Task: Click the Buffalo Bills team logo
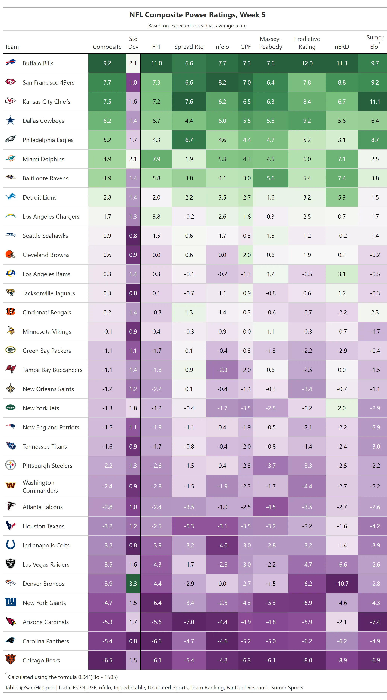(x=11, y=63)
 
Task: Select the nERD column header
(x=341, y=47)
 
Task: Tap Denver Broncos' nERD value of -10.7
(x=341, y=583)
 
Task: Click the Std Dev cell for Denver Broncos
(x=133, y=583)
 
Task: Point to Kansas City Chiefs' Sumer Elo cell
(x=375, y=101)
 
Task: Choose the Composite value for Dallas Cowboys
(x=107, y=121)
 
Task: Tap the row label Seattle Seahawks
(x=45, y=236)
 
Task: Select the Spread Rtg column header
(x=189, y=47)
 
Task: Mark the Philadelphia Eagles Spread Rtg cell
(x=189, y=140)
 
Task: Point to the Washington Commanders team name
(x=40, y=486)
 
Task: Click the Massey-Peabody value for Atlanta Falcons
(x=270, y=507)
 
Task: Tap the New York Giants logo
(x=11, y=602)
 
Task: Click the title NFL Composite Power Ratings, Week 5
(x=197, y=15)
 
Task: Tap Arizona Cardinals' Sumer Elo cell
(x=375, y=622)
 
